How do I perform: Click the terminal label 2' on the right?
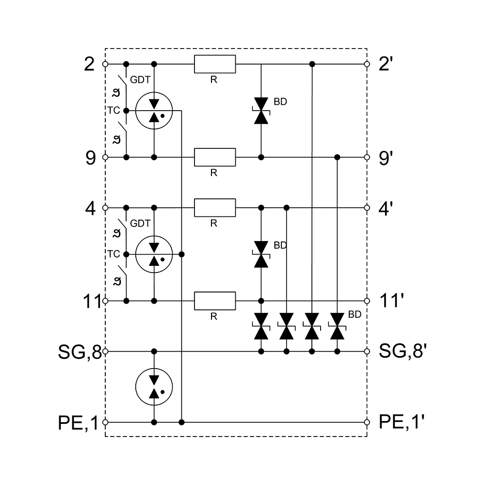386,64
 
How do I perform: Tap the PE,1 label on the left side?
78,422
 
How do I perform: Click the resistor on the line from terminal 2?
215,64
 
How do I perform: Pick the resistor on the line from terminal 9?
215,157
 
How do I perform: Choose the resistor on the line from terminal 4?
215,208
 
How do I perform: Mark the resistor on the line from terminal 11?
215,301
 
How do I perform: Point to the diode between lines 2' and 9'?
261,111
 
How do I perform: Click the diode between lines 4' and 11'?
261,254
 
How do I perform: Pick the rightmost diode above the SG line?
337,326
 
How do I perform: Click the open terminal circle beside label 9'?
367,157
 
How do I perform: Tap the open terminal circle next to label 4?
105,208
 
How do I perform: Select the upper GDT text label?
140,80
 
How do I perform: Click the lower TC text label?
113,254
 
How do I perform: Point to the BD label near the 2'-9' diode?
280,102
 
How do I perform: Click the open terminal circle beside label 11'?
367,301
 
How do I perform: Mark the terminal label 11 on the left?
92,301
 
